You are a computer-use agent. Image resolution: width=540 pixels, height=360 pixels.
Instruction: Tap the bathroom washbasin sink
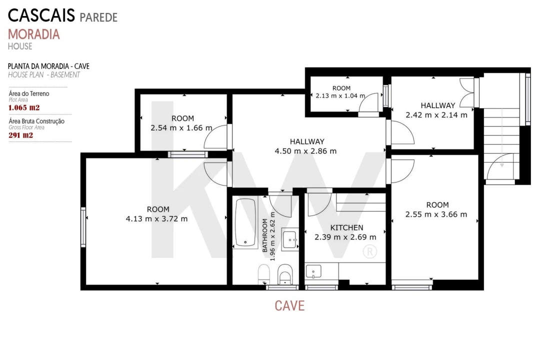click(289, 238)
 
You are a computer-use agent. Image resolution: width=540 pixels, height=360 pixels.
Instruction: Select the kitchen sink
click(313, 271)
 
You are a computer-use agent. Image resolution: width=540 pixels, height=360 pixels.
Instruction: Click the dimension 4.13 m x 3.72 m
click(156, 219)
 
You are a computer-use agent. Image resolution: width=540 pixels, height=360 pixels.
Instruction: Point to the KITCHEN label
click(346, 227)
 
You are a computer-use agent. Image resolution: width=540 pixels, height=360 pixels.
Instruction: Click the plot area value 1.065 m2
click(24, 107)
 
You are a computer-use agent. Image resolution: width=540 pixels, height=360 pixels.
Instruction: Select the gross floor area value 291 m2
click(20, 135)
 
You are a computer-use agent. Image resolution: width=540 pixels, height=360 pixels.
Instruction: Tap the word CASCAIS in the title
click(41, 15)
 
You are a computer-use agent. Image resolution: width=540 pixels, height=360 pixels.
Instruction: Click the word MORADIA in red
click(34, 34)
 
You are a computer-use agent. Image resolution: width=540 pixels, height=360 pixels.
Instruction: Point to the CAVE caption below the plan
click(289, 305)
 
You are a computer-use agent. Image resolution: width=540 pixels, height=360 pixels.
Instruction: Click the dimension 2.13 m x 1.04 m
click(340, 96)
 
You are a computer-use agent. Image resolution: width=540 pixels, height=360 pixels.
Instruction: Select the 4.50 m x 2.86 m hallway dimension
click(305, 151)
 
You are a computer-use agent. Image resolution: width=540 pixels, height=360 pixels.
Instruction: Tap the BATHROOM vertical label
click(265, 235)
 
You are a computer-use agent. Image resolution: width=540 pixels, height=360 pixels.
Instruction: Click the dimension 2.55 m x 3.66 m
click(436, 214)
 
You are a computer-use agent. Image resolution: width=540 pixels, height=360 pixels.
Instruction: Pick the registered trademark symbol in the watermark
click(369, 251)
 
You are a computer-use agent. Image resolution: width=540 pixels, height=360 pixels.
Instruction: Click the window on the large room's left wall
click(83, 226)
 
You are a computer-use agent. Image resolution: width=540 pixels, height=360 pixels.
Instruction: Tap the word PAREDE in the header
click(98, 17)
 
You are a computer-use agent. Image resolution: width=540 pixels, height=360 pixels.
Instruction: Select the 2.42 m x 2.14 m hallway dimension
click(436, 115)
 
